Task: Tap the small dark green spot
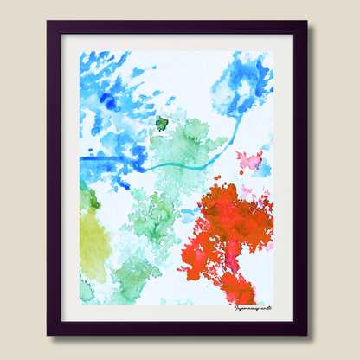point(161,124)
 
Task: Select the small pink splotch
point(250,160)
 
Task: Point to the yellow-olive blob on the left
point(93,242)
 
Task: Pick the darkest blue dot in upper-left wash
point(109,102)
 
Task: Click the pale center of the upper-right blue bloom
point(245,87)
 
